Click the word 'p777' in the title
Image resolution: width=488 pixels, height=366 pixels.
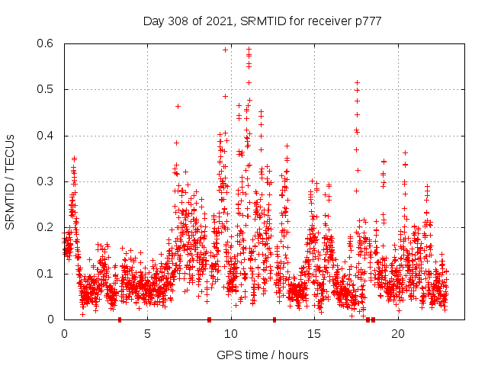coord(367,21)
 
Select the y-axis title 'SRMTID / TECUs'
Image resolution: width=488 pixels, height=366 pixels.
coord(10,181)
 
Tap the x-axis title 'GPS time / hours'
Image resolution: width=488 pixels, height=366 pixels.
coord(262,355)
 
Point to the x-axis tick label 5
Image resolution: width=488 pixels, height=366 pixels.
coord(148,334)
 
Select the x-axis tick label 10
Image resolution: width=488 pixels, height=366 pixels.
coord(231,334)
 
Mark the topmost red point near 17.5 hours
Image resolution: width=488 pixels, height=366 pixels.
coord(357,82)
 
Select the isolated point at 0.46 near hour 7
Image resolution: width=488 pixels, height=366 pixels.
coord(178,106)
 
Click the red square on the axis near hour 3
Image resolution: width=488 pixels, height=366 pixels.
coord(120,319)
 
